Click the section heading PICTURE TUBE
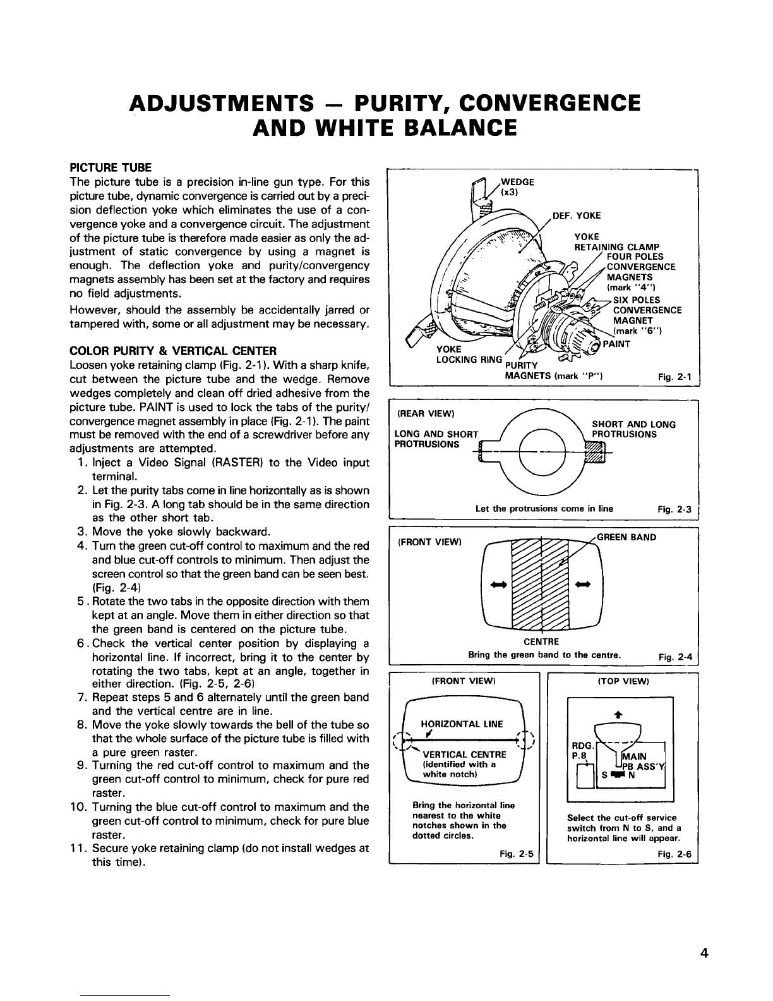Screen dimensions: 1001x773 110,167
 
